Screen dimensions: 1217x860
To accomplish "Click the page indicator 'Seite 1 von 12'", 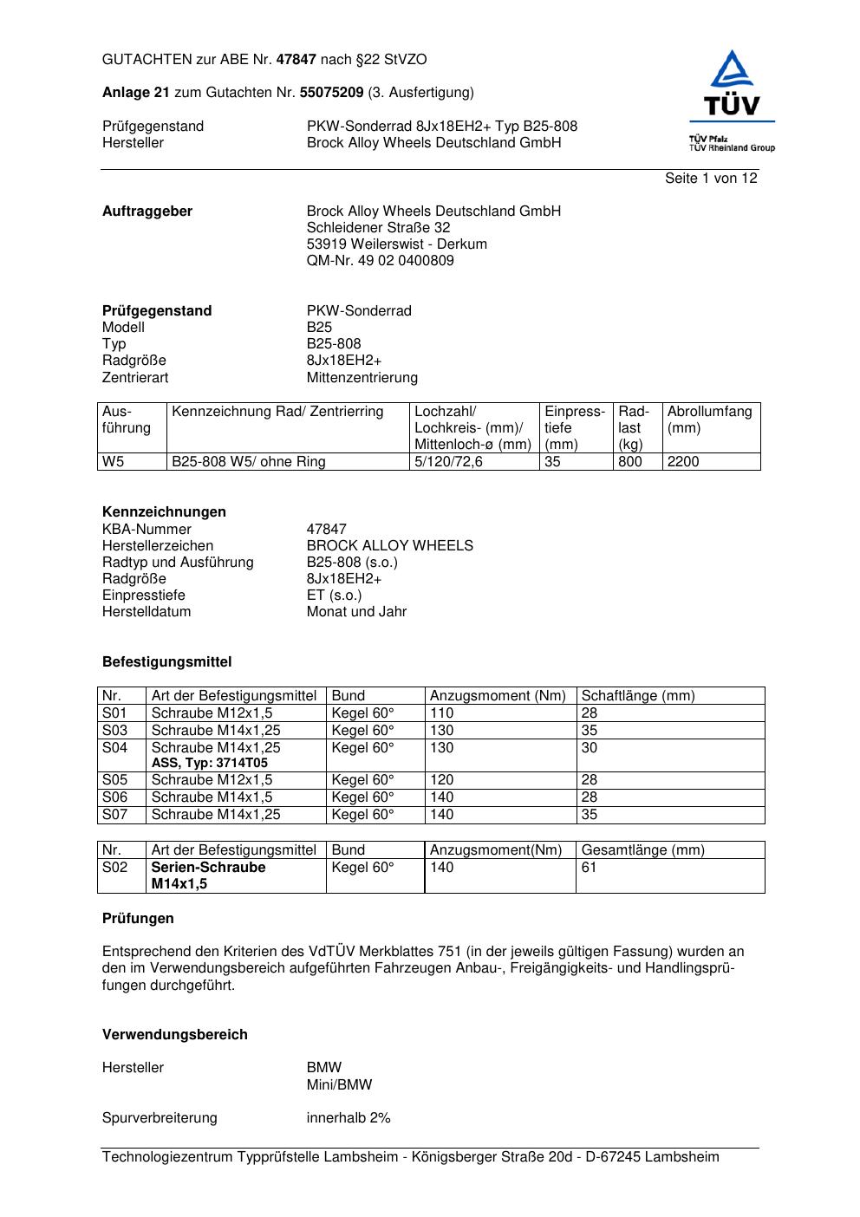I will (711, 179).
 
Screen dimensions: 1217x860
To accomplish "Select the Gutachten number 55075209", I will (331, 93).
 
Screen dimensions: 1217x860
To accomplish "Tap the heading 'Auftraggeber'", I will (147, 212).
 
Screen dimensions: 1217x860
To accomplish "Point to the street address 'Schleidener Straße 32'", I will (378, 228).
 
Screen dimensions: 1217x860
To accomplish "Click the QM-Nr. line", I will (380, 261).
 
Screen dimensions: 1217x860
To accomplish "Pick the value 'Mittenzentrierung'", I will (362, 378).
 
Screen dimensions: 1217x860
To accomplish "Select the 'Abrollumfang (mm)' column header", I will (709, 420).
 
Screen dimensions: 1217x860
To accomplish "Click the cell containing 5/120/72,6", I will (448, 462).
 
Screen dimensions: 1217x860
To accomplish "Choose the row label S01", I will (114, 713).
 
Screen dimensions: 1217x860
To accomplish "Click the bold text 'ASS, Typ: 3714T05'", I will (210, 764).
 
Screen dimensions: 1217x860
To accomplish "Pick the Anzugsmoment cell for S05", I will (441, 780).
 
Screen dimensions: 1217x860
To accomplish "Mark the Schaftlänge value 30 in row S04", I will (590, 747).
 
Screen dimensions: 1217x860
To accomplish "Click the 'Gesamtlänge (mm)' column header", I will (642, 850).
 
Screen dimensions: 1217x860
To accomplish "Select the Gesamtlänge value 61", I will (589, 868).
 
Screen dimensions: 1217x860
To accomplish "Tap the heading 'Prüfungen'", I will (138, 919).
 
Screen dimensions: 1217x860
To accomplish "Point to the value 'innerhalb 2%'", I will (349, 1118).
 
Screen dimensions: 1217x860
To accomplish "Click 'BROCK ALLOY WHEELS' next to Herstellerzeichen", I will (389, 546).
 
